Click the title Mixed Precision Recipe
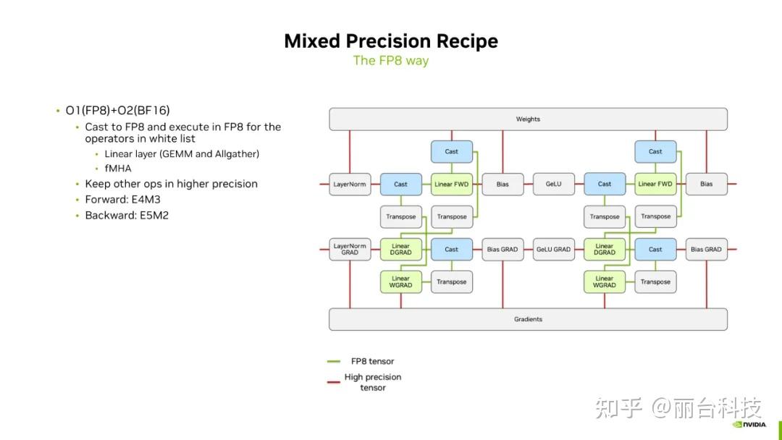coord(390,41)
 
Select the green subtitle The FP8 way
coord(390,60)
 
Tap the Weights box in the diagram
coord(528,119)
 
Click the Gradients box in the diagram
coord(528,319)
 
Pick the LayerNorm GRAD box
coord(350,249)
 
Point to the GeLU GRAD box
coord(553,249)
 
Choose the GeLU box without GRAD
coord(553,184)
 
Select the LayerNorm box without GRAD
coord(350,184)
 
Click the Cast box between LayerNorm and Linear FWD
coord(400,184)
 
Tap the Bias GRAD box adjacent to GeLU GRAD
coord(502,249)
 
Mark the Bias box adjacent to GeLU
coord(502,184)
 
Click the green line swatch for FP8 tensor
coord(334,361)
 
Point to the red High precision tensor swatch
coord(334,382)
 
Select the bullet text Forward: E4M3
coord(122,199)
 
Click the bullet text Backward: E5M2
coord(127,215)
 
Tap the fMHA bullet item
coord(118,168)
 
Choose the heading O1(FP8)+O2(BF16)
coord(117,111)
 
